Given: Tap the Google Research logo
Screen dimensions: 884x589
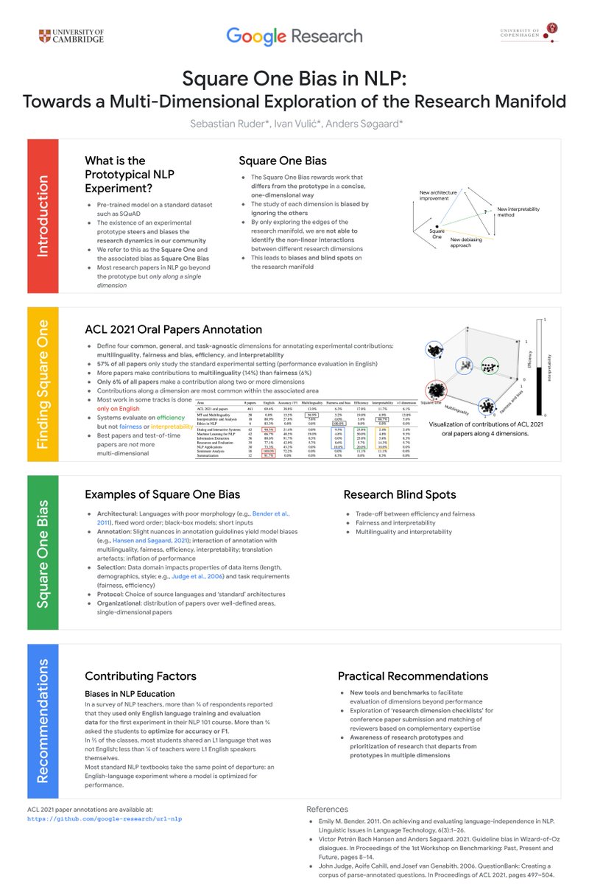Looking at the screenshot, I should [x=294, y=35].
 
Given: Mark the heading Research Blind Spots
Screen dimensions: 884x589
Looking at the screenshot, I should [x=400, y=494].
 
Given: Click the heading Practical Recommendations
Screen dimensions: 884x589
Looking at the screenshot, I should [x=412, y=676].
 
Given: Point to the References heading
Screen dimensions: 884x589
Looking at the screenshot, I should [x=328, y=809].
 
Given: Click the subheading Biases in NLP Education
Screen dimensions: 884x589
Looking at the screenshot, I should [x=130, y=693].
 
